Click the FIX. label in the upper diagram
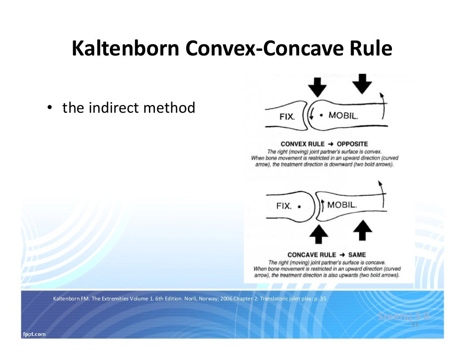[x=287, y=116]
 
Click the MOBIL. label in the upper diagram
[x=343, y=115]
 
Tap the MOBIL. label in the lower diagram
[x=342, y=205]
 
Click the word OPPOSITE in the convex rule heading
[x=352, y=144]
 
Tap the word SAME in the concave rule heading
[x=357, y=255]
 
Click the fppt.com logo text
[x=34, y=334]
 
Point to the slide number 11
[x=414, y=325]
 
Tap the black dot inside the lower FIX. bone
[x=299, y=206]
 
